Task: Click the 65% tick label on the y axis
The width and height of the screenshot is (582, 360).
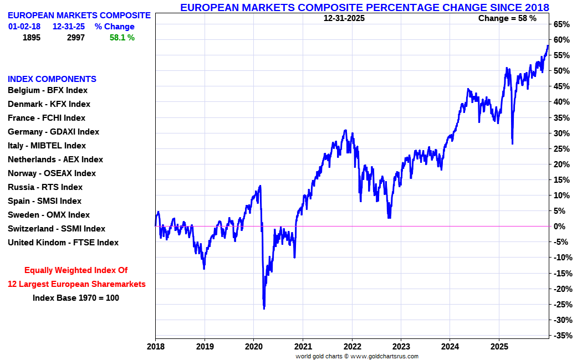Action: click(561, 24)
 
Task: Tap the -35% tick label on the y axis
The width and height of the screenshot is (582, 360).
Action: click(562, 336)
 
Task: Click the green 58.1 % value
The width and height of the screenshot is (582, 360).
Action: click(122, 38)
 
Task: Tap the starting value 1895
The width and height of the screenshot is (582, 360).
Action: click(32, 38)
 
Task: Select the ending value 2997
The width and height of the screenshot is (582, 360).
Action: click(76, 38)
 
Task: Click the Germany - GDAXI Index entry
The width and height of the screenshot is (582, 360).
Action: click(53, 132)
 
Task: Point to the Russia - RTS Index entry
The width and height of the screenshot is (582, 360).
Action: click(45, 187)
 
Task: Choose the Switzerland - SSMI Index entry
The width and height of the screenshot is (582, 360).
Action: click(56, 229)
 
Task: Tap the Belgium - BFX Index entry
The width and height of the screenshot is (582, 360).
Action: click(48, 90)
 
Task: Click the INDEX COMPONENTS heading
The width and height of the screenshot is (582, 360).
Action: click(52, 79)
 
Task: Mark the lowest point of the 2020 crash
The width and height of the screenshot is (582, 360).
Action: click(264, 308)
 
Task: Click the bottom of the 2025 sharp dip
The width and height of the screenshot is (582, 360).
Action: click(512, 144)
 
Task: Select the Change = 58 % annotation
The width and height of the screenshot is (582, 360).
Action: click(507, 18)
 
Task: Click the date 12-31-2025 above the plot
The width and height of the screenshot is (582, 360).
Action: click(344, 18)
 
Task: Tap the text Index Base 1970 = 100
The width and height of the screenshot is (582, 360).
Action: click(76, 298)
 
